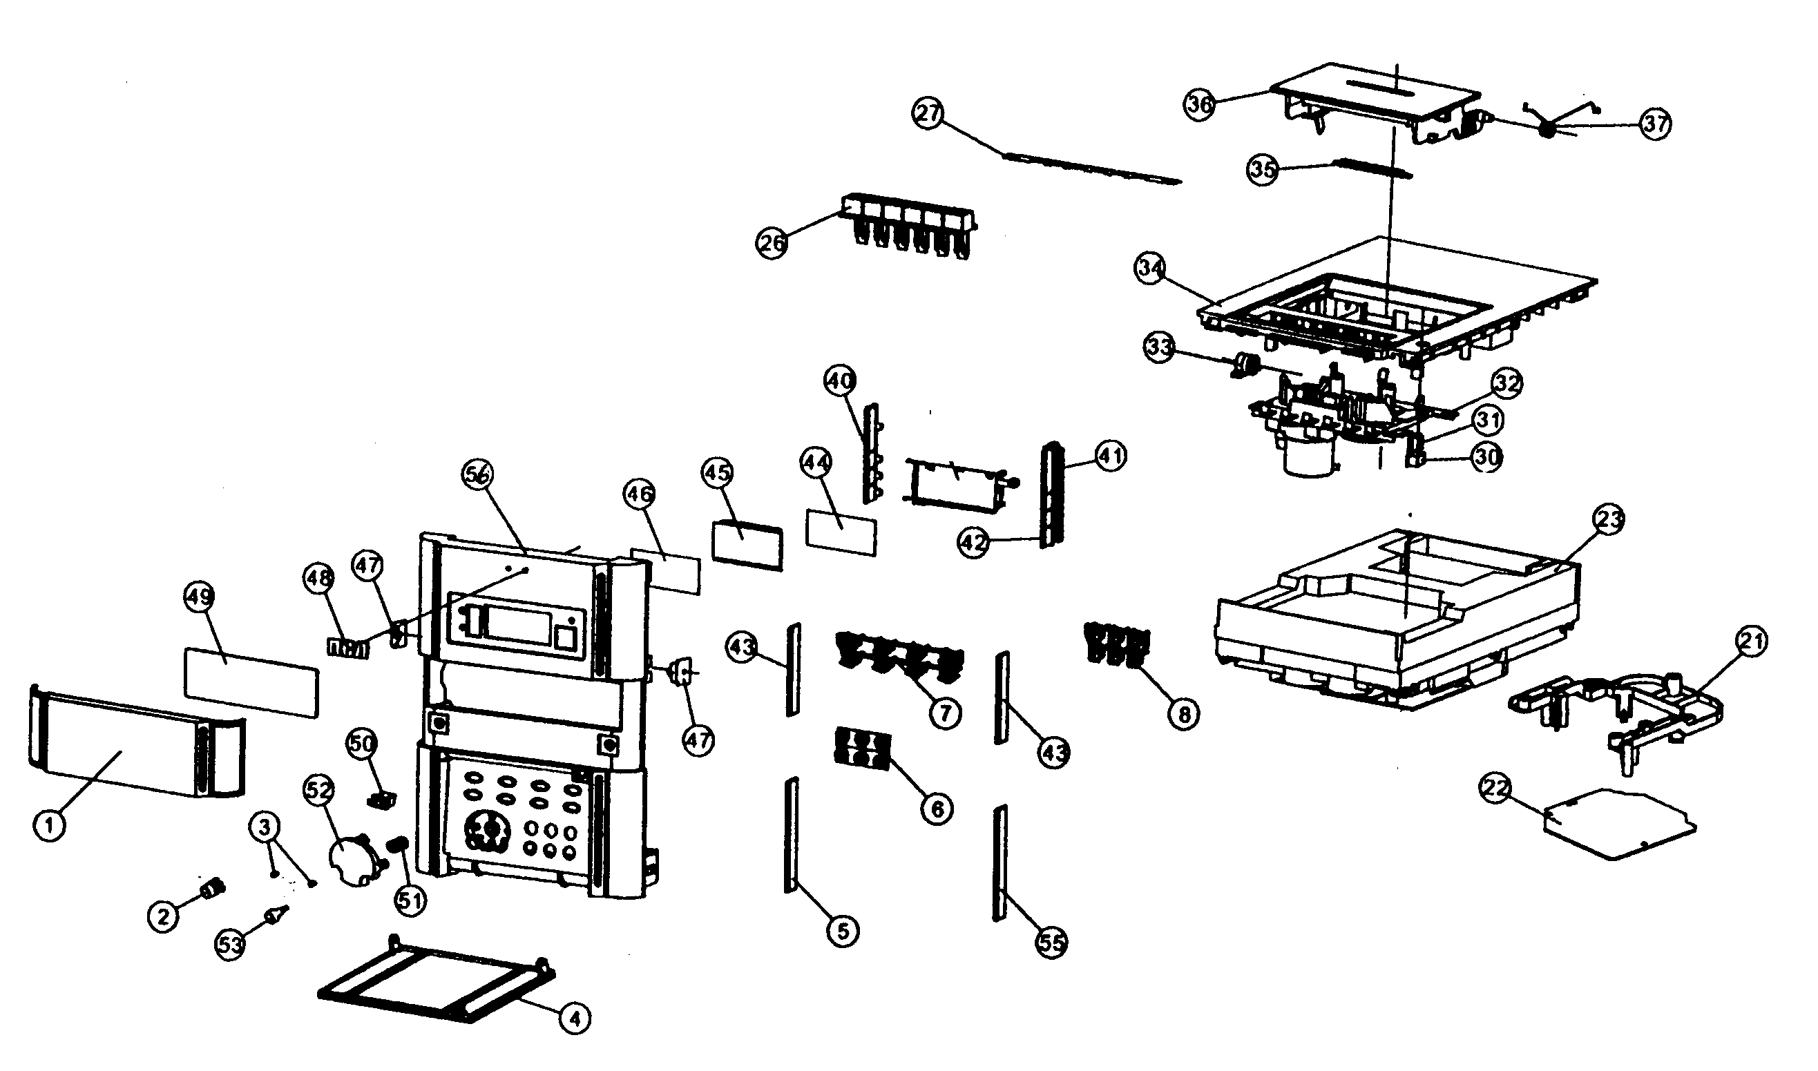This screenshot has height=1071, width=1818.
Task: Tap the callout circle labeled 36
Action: coord(1200,105)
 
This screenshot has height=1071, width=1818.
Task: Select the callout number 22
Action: coord(1495,789)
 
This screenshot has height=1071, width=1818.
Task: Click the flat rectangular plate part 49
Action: coord(251,682)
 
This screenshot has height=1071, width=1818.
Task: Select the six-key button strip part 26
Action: coord(911,225)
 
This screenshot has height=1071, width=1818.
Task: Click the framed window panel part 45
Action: coord(747,545)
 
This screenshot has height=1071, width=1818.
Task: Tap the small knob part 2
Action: coord(213,889)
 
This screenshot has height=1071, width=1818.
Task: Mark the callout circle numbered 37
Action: coord(1656,124)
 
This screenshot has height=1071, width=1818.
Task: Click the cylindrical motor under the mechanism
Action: coord(1310,454)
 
